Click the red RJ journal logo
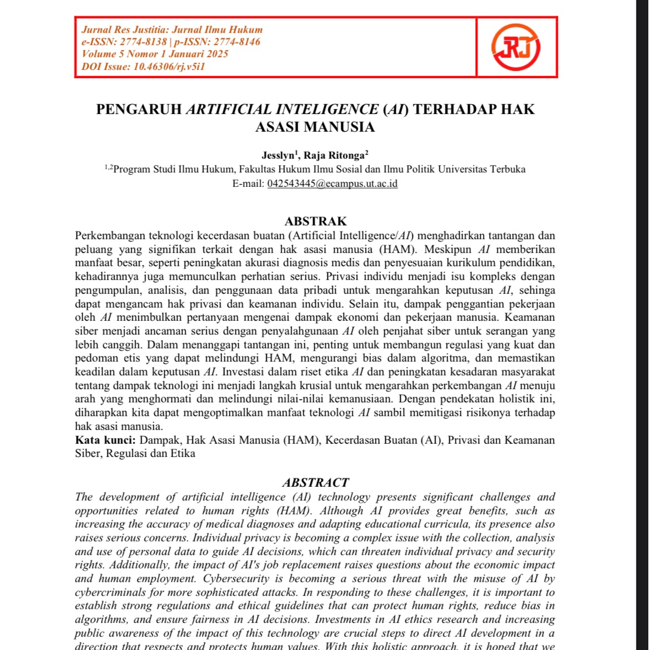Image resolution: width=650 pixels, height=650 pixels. pyautogui.click(x=516, y=47)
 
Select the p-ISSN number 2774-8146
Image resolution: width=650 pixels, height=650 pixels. pyautogui.click(x=237, y=42)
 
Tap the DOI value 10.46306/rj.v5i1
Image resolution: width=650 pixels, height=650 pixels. pyautogui.click(x=169, y=67)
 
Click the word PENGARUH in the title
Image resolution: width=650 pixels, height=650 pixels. pyautogui.click(x=139, y=109)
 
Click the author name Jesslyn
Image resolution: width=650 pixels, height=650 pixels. pyautogui.click(x=278, y=155)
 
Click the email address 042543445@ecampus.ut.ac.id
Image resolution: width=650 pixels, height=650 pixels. pyautogui.click(x=332, y=184)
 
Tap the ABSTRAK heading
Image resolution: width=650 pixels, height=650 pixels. pyautogui.click(x=315, y=222)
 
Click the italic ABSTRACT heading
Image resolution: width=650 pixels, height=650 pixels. pyautogui.click(x=315, y=483)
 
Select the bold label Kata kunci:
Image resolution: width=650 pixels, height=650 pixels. pyautogui.click(x=105, y=440)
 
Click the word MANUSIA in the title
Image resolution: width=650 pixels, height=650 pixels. pyautogui.click(x=342, y=127)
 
